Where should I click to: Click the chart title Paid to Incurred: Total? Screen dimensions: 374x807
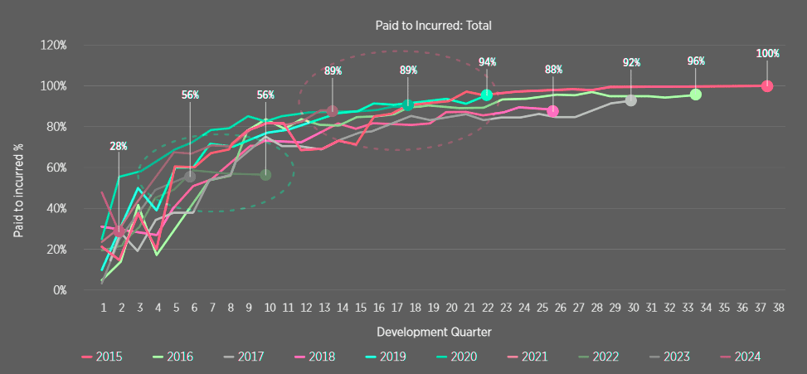pos(433,26)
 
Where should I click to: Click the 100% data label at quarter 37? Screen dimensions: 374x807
pos(767,54)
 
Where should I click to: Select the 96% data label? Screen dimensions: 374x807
pos(696,61)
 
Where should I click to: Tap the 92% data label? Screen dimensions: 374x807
pos(632,62)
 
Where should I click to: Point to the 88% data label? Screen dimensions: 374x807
pos(553,70)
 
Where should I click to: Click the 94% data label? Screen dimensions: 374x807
pos(487,62)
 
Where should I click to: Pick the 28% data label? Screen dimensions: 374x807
pos(119,146)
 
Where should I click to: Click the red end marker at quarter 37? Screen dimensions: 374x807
pos(767,86)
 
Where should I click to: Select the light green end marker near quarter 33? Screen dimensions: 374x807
pos(696,95)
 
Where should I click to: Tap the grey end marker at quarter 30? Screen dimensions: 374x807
pos(631,100)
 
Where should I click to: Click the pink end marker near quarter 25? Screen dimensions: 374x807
pos(553,111)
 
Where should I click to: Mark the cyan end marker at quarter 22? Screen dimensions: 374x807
pos(487,95)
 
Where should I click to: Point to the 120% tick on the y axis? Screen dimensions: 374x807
pos(53,45)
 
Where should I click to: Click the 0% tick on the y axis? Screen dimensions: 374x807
pos(58,290)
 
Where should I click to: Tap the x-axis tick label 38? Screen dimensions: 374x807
pos(779,308)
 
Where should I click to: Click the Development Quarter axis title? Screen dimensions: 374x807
pos(433,332)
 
